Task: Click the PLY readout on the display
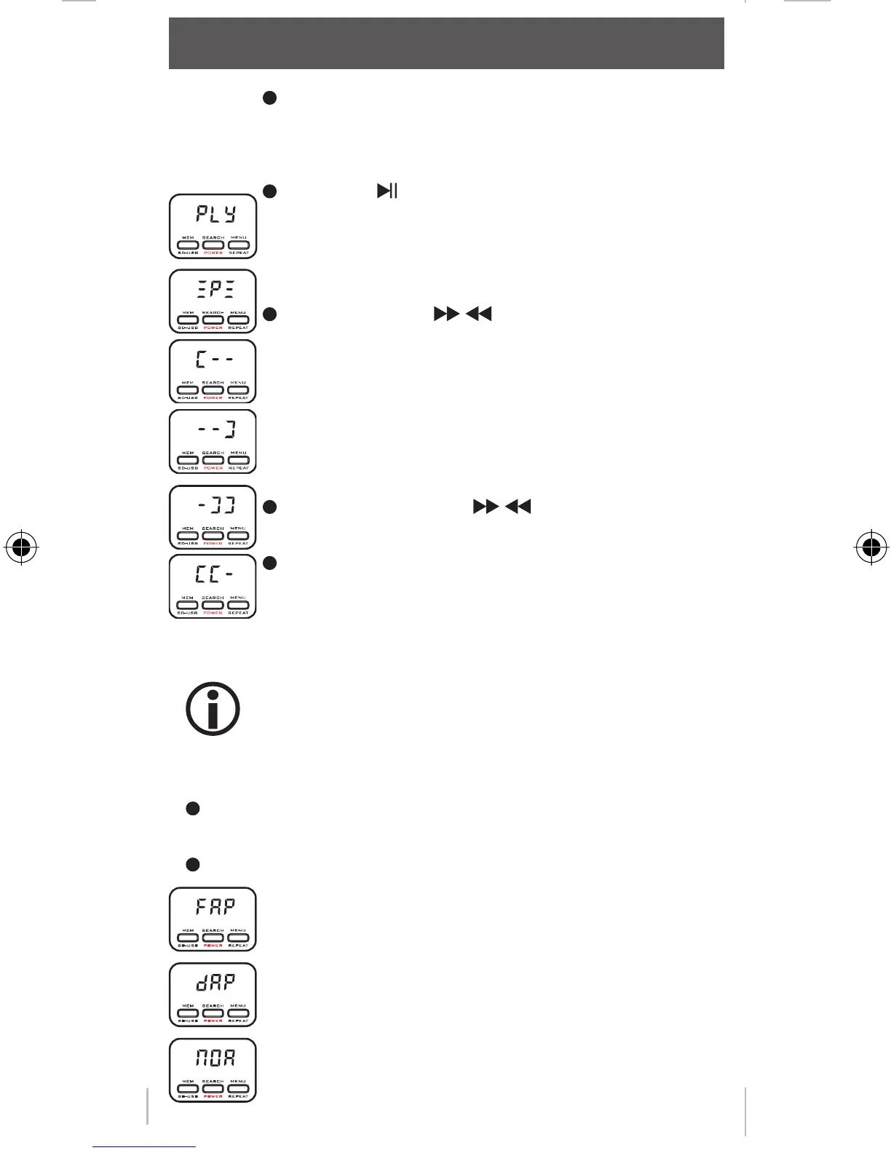click(215, 214)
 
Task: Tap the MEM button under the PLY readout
click(188, 245)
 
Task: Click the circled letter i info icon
click(213, 709)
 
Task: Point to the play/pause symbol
click(387, 191)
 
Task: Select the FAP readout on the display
click(215, 907)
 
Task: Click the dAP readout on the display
click(215, 982)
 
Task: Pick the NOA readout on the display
click(215, 1058)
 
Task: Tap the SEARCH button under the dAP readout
click(213, 1013)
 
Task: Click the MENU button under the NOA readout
click(238, 1089)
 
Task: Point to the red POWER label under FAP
click(213, 946)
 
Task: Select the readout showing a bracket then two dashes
click(215, 360)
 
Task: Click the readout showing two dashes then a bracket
click(215, 429)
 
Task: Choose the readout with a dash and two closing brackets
click(215, 504)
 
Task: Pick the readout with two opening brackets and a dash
click(215, 574)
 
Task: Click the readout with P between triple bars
click(215, 290)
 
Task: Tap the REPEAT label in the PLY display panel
click(239, 253)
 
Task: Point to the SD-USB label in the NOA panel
click(188, 1096)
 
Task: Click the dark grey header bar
click(446, 44)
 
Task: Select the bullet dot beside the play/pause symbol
click(269, 191)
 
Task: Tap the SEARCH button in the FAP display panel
click(213, 938)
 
